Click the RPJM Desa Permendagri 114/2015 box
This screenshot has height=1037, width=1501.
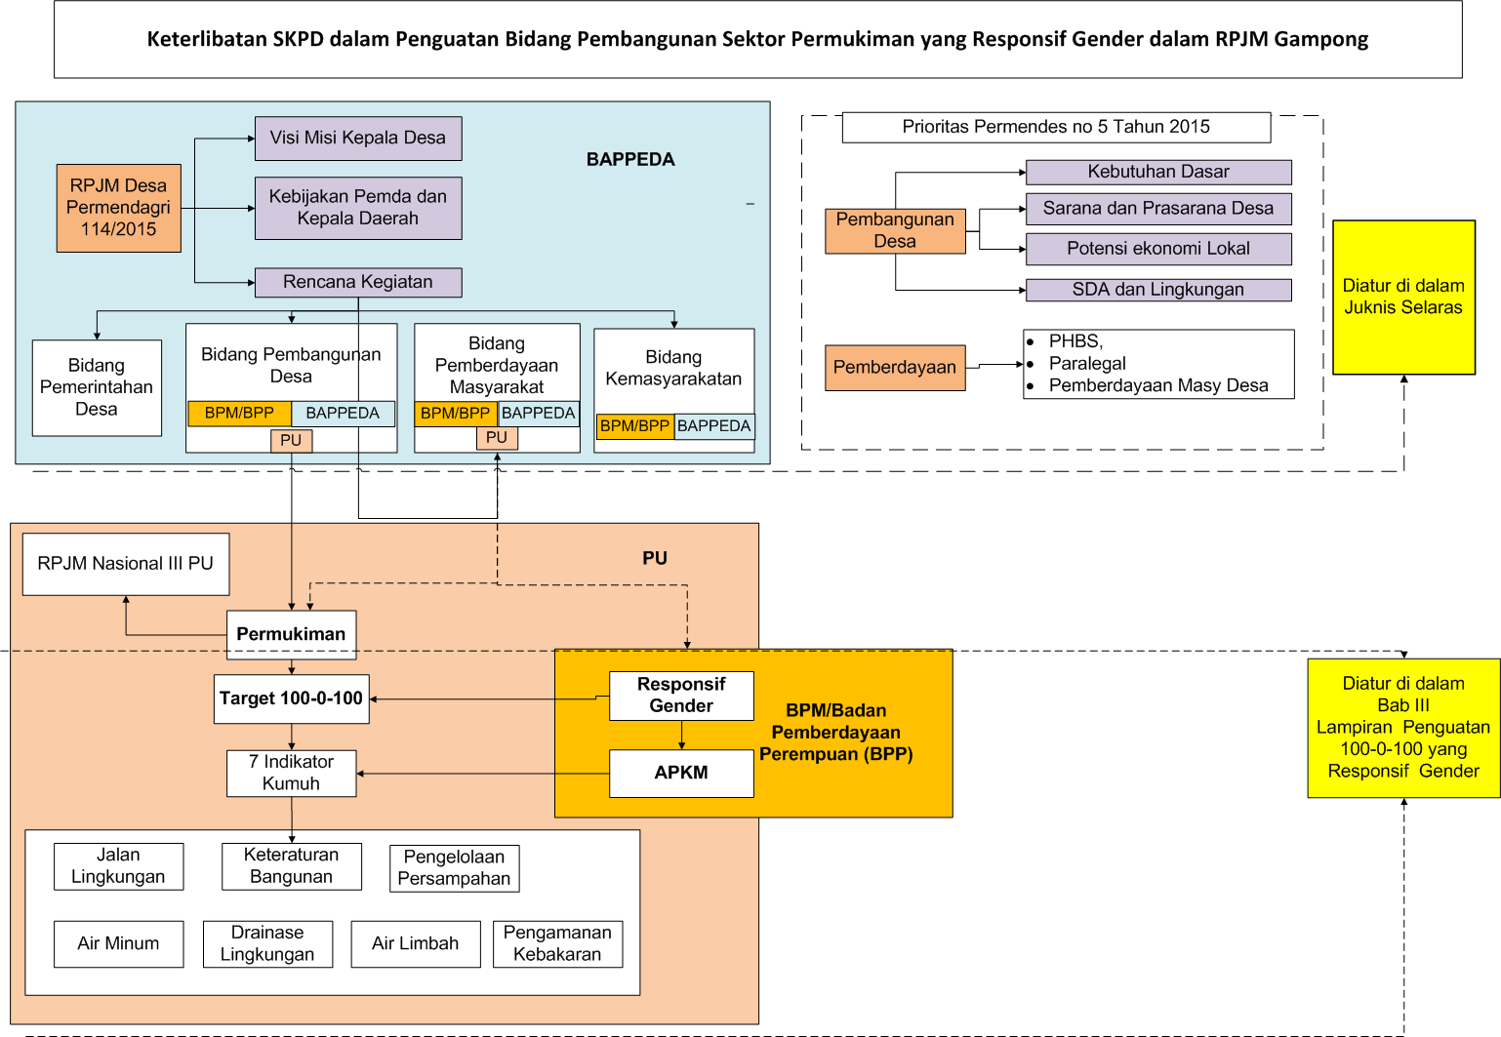point(118,208)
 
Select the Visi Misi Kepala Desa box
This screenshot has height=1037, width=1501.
point(358,139)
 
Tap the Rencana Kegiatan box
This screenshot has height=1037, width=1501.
point(358,282)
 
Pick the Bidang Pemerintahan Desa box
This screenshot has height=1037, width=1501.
point(97,387)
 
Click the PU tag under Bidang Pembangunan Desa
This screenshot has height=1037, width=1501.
point(291,441)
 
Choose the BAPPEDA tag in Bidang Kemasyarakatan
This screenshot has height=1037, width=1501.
point(714,426)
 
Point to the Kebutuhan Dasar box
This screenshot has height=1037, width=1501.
point(1158,173)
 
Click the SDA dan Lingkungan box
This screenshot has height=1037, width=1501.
point(1158,290)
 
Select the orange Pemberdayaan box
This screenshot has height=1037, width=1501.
point(895,368)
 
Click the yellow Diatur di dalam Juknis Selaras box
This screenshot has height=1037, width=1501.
point(1403,297)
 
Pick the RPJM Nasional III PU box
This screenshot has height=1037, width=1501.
point(126,564)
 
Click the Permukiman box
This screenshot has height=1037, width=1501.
point(291,634)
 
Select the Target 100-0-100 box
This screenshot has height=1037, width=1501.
point(291,698)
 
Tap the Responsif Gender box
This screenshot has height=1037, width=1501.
point(681,696)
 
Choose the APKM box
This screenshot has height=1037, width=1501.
point(681,773)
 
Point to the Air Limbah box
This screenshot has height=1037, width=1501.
point(415,943)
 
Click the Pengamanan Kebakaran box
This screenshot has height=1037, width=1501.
point(557,943)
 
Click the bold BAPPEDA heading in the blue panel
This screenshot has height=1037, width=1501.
point(630,160)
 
